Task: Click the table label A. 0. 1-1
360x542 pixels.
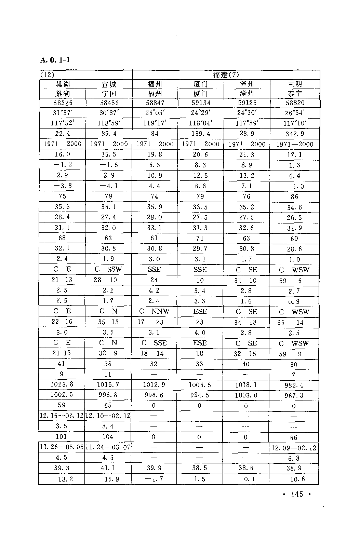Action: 55,60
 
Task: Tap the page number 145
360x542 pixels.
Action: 296,494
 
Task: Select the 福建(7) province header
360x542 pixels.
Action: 226,75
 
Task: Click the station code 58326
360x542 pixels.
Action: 62,103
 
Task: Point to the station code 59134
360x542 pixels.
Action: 201,103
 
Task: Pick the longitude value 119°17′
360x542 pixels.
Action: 155,123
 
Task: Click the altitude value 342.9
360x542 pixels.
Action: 294,134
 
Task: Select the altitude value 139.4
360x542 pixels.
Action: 201,134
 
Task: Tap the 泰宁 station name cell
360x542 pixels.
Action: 294,94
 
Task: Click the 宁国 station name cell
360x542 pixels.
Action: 109,94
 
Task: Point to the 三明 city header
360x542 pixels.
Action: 294,84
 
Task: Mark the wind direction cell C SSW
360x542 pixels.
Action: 108,269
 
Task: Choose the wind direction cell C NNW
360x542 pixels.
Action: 154,311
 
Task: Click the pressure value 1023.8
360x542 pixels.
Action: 62,384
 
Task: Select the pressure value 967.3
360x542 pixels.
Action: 294,396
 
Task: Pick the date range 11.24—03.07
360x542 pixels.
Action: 108,447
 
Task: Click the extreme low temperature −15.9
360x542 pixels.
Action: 108,479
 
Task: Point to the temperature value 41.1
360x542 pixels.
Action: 108,468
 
